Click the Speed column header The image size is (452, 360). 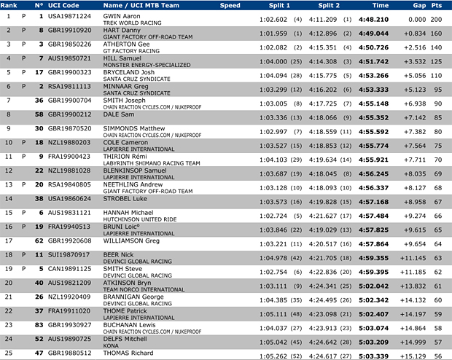[x=230, y=5]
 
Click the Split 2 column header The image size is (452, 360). [x=319, y=5]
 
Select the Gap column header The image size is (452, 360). [x=416, y=5]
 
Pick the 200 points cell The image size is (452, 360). [x=439, y=19]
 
